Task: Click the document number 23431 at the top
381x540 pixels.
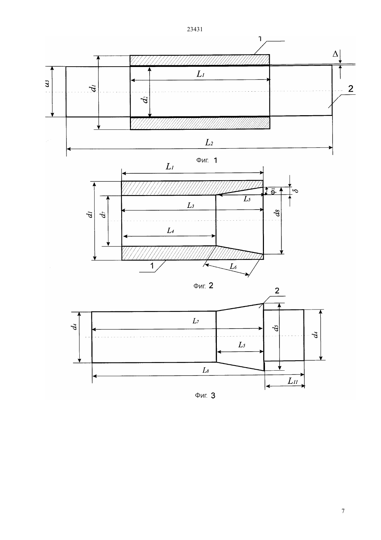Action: click(195, 29)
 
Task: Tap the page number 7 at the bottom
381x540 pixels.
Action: click(343, 511)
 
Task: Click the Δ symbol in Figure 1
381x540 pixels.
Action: click(335, 54)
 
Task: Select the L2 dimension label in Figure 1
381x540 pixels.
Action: click(209, 143)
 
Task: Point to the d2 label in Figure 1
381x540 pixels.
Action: click(145, 99)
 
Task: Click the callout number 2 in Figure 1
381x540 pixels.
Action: click(351, 89)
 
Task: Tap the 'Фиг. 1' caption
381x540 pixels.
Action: click(207, 160)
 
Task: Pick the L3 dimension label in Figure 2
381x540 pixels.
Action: click(191, 205)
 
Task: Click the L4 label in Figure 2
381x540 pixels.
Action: click(170, 231)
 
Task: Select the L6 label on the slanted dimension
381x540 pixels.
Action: click(233, 266)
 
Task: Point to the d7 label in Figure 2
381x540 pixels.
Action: click(103, 214)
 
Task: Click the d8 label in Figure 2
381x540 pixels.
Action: click(277, 213)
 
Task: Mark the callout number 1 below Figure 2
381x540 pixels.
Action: click(152, 265)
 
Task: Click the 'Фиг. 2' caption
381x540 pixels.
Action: click(203, 286)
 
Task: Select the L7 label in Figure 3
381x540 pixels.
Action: click(196, 321)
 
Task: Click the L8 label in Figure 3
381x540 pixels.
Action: click(206, 370)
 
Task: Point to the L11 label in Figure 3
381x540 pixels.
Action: click(293, 381)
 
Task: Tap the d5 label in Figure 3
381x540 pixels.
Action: click(276, 328)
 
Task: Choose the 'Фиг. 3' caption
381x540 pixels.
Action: click(205, 396)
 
